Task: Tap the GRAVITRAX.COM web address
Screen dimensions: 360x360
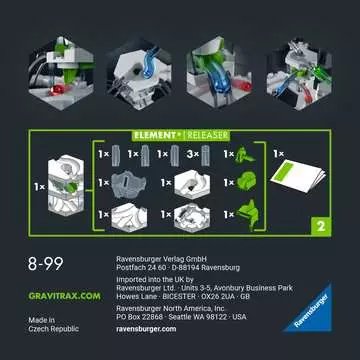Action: coord(47,296)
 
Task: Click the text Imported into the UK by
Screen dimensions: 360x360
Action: coord(159,282)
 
